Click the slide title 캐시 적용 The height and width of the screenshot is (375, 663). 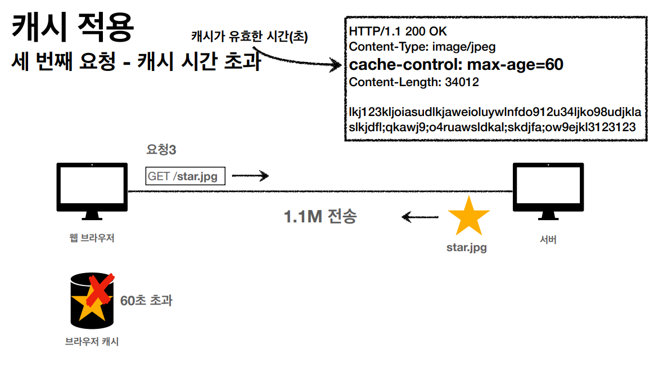(73, 28)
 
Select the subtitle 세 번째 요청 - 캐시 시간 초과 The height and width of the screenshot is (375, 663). (136, 61)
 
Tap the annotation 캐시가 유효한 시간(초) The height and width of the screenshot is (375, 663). (250, 36)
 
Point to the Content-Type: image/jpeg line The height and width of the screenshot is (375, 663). (422, 47)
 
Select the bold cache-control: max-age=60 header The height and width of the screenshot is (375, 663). (456, 65)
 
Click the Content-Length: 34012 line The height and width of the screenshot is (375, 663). (414, 82)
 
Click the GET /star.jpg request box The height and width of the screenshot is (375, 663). (185, 176)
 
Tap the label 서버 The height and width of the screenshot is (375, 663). (547, 239)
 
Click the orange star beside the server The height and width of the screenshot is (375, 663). (468, 216)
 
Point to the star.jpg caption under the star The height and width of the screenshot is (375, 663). (466, 247)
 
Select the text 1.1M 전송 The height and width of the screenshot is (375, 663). (320, 216)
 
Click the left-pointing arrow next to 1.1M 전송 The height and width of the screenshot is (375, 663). (419, 216)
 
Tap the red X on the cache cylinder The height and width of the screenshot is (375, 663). (100, 288)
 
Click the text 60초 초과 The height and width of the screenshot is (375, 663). (146, 301)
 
